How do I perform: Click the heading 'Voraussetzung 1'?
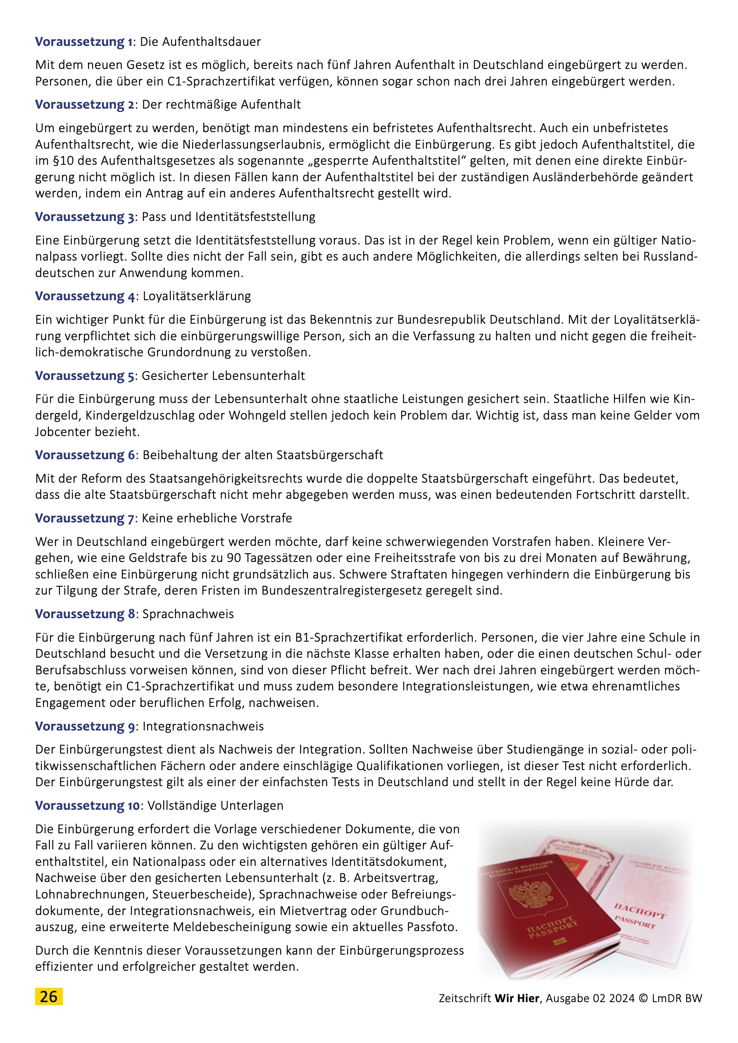(84, 42)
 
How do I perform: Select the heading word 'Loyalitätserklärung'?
(196, 296)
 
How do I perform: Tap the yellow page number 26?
(49, 997)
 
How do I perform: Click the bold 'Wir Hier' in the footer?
(517, 998)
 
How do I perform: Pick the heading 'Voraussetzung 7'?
(85, 518)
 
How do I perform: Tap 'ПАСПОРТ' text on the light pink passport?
(640, 910)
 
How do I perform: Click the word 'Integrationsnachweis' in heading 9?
(203, 726)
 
